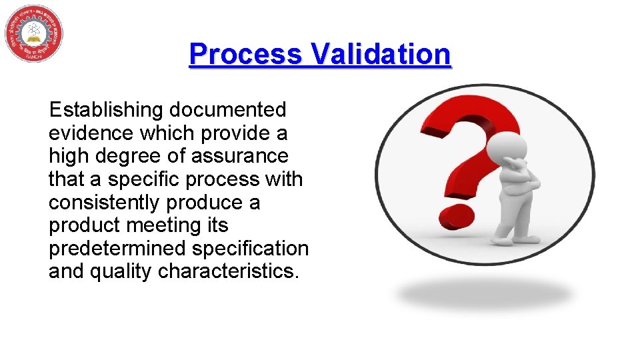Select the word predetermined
tap(117, 249)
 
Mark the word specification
tap(251, 249)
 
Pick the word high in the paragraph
tap(67, 156)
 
